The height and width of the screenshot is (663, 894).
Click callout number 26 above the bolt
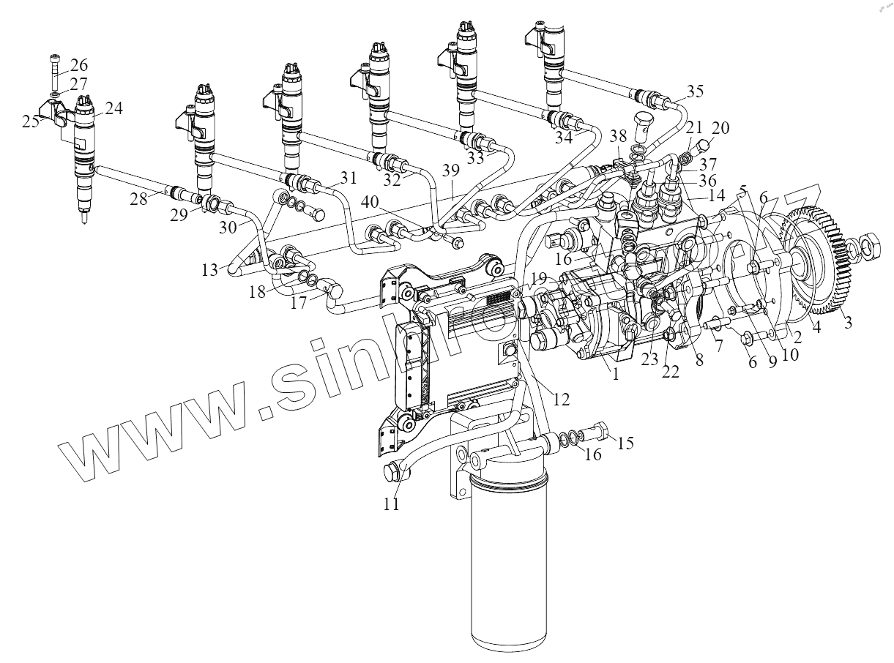pos(78,64)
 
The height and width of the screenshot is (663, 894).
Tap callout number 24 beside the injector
pos(113,109)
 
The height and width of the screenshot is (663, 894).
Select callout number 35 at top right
pos(695,91)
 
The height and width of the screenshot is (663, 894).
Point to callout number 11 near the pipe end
pos(392,503)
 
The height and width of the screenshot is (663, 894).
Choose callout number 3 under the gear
pos(848,322)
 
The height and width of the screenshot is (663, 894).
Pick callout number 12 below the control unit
pos(561,400)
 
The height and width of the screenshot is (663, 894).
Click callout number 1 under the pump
pos(615,374)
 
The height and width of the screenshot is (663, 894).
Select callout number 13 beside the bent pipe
pos(211,270)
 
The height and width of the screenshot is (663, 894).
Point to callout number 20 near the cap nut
pos(720,128)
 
